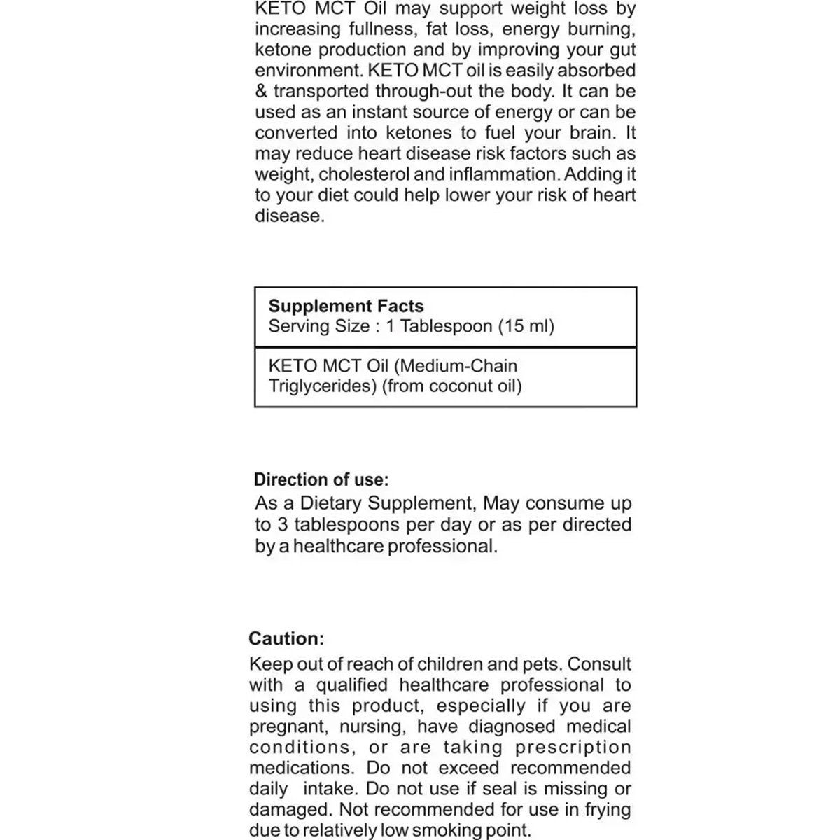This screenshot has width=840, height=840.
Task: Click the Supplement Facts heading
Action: (346, 307)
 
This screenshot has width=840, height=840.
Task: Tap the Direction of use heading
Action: (321, 480)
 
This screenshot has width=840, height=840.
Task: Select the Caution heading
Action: (286, 638)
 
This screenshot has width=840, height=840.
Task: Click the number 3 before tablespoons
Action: (282, 525)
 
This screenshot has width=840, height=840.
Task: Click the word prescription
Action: (573, 748)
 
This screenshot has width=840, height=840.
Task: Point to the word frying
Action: (608, 810)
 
